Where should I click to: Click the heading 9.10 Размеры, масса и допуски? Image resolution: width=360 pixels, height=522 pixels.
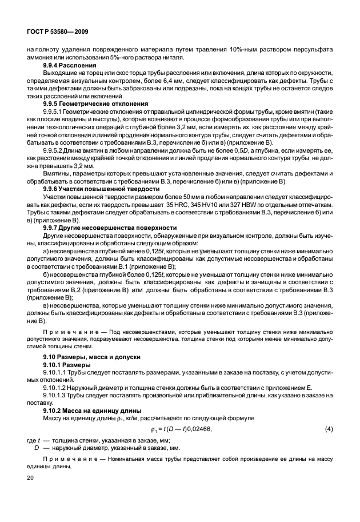tap(89, 356)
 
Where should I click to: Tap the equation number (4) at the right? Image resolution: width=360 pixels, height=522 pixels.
tap(329, 429)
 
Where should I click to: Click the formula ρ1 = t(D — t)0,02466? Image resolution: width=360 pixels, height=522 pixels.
tap(181, 429)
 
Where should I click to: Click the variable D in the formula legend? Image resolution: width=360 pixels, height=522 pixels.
tap(38, 449)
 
